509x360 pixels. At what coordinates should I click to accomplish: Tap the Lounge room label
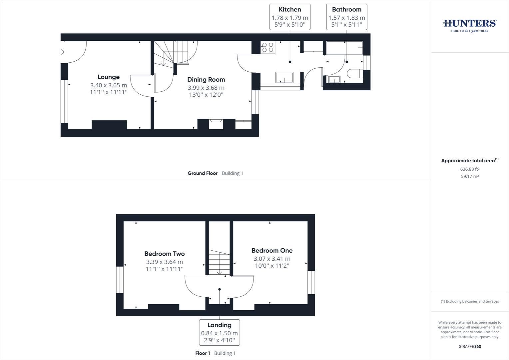(109, 77)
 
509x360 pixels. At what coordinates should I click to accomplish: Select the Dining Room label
(206, 80)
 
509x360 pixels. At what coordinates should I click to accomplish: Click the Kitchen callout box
(290, 17)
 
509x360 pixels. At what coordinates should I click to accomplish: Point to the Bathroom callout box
(346, 17)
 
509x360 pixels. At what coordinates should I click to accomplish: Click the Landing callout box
(219, 332)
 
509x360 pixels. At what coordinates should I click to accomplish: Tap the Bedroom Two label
(165, 254)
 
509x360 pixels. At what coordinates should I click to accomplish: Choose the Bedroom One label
(272, 250)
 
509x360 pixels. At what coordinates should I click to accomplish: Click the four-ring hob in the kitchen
(268, 47)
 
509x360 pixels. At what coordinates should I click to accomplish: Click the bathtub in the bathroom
(344, 48)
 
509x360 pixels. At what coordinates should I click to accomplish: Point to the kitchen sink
(284, 77)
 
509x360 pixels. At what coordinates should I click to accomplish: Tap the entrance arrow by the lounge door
(61, 52)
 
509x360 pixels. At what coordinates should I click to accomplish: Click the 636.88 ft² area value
(470, 169)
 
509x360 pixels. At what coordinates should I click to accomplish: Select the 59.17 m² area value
(470, 176)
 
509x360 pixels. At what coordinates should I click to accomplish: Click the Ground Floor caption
(203, 173)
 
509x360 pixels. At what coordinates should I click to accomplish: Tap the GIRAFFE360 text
(470, 346)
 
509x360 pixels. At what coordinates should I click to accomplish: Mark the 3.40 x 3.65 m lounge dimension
(109, 85)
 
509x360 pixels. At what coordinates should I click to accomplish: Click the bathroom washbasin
(334, 79)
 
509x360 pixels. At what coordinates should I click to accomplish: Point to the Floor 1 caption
(203, 353)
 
